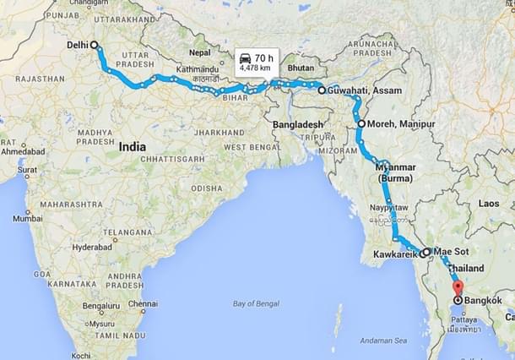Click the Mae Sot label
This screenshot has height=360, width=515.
tap(451, 251)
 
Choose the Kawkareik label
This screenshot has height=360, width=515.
tap(396, 253)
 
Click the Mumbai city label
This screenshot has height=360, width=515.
tap(27, 218)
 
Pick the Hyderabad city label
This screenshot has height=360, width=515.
tap(91, 247)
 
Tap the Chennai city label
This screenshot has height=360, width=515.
tap(143, 303)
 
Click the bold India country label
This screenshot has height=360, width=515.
tap(132, 146)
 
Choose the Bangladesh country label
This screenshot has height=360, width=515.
tap(299, 125)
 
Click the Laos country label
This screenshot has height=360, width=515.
tap(489, 203)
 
